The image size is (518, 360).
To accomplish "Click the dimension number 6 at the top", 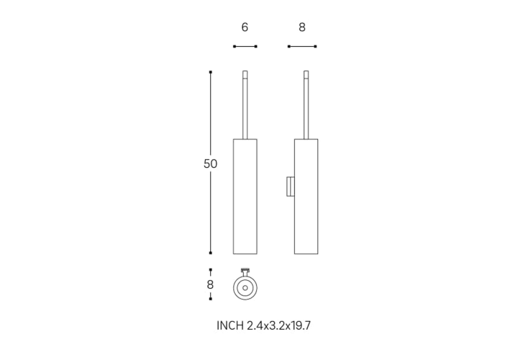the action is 245,27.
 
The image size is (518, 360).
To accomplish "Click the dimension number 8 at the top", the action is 302,27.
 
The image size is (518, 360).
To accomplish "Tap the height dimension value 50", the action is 210,163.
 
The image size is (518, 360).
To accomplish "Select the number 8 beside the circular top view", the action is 210,284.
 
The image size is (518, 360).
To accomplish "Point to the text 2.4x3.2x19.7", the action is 279,325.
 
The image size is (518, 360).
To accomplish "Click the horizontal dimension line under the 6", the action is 245,46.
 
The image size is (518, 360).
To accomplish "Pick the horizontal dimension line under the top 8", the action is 302,46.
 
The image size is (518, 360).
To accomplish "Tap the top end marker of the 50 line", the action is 210,72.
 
